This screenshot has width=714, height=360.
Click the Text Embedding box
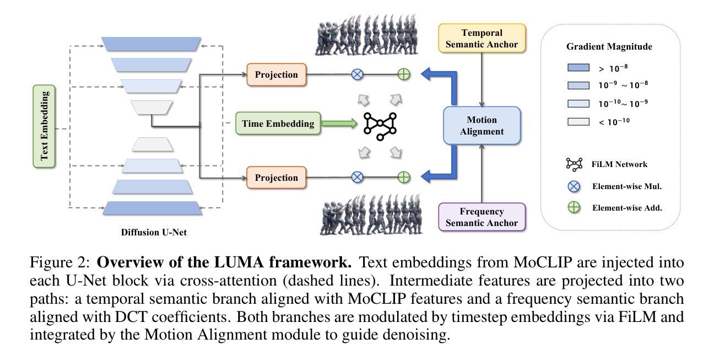(45, 126)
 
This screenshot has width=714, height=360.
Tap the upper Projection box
(276, 74)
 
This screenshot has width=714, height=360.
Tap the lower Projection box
(276, 178)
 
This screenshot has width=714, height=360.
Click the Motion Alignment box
(482, 126)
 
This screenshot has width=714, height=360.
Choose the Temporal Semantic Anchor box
(482, 39)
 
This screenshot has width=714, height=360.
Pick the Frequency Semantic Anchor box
(482, 217)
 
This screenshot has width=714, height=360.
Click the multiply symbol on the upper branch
(358, 74)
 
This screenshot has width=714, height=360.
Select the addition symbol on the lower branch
(404, 177)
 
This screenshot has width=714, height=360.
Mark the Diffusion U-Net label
(154, 232)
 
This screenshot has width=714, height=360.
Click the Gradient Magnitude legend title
(609, 47)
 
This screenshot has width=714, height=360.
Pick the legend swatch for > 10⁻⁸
(578, 68)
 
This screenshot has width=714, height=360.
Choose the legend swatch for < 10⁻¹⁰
(578, 121)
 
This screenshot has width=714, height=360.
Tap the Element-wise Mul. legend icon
(575, 186)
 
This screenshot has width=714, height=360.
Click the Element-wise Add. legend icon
(575, 208)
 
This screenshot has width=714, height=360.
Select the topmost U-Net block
(152, 44)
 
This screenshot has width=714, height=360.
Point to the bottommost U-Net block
(153, 208)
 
